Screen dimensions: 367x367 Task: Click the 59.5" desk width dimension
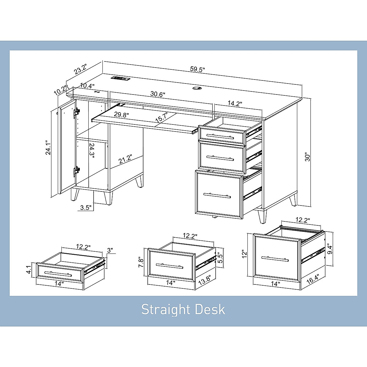pyautogui.click(x=197, y=69)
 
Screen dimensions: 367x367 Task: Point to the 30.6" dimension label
pyautogui.click(x=158, y=94)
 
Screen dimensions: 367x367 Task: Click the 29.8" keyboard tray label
pyautogui.click(x=121, y=115)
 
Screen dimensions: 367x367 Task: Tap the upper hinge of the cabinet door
pyautogui.click(x=76, y=113)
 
